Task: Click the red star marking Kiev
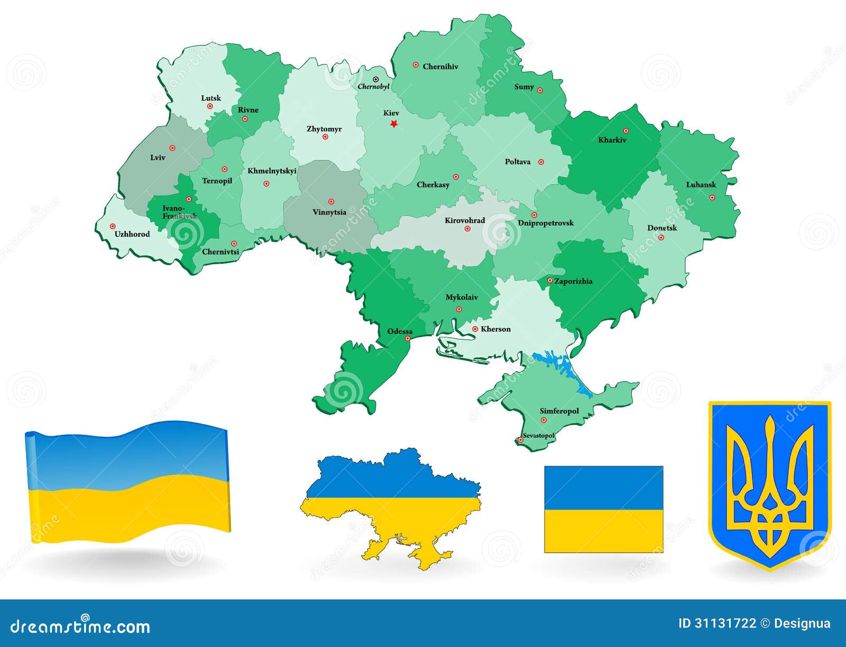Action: pos(393,124)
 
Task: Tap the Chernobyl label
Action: pos(373,86)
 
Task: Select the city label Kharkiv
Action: pos(612,140)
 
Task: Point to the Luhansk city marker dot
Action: pos(712,197)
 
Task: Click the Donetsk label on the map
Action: pos(662,228)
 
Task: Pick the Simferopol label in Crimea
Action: pos(559,411)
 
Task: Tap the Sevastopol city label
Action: pos(539,436)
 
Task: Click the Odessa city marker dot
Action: pos(408,339)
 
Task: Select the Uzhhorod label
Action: pos(132,234)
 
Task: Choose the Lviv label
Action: pos(158,158)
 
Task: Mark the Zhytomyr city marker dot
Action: pos(325,137)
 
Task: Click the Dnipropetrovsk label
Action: pos(546,223)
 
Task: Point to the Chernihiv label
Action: pos(440,67)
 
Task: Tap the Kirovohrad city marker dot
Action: pos(467,229)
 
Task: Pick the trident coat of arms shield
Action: pos(769,484)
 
